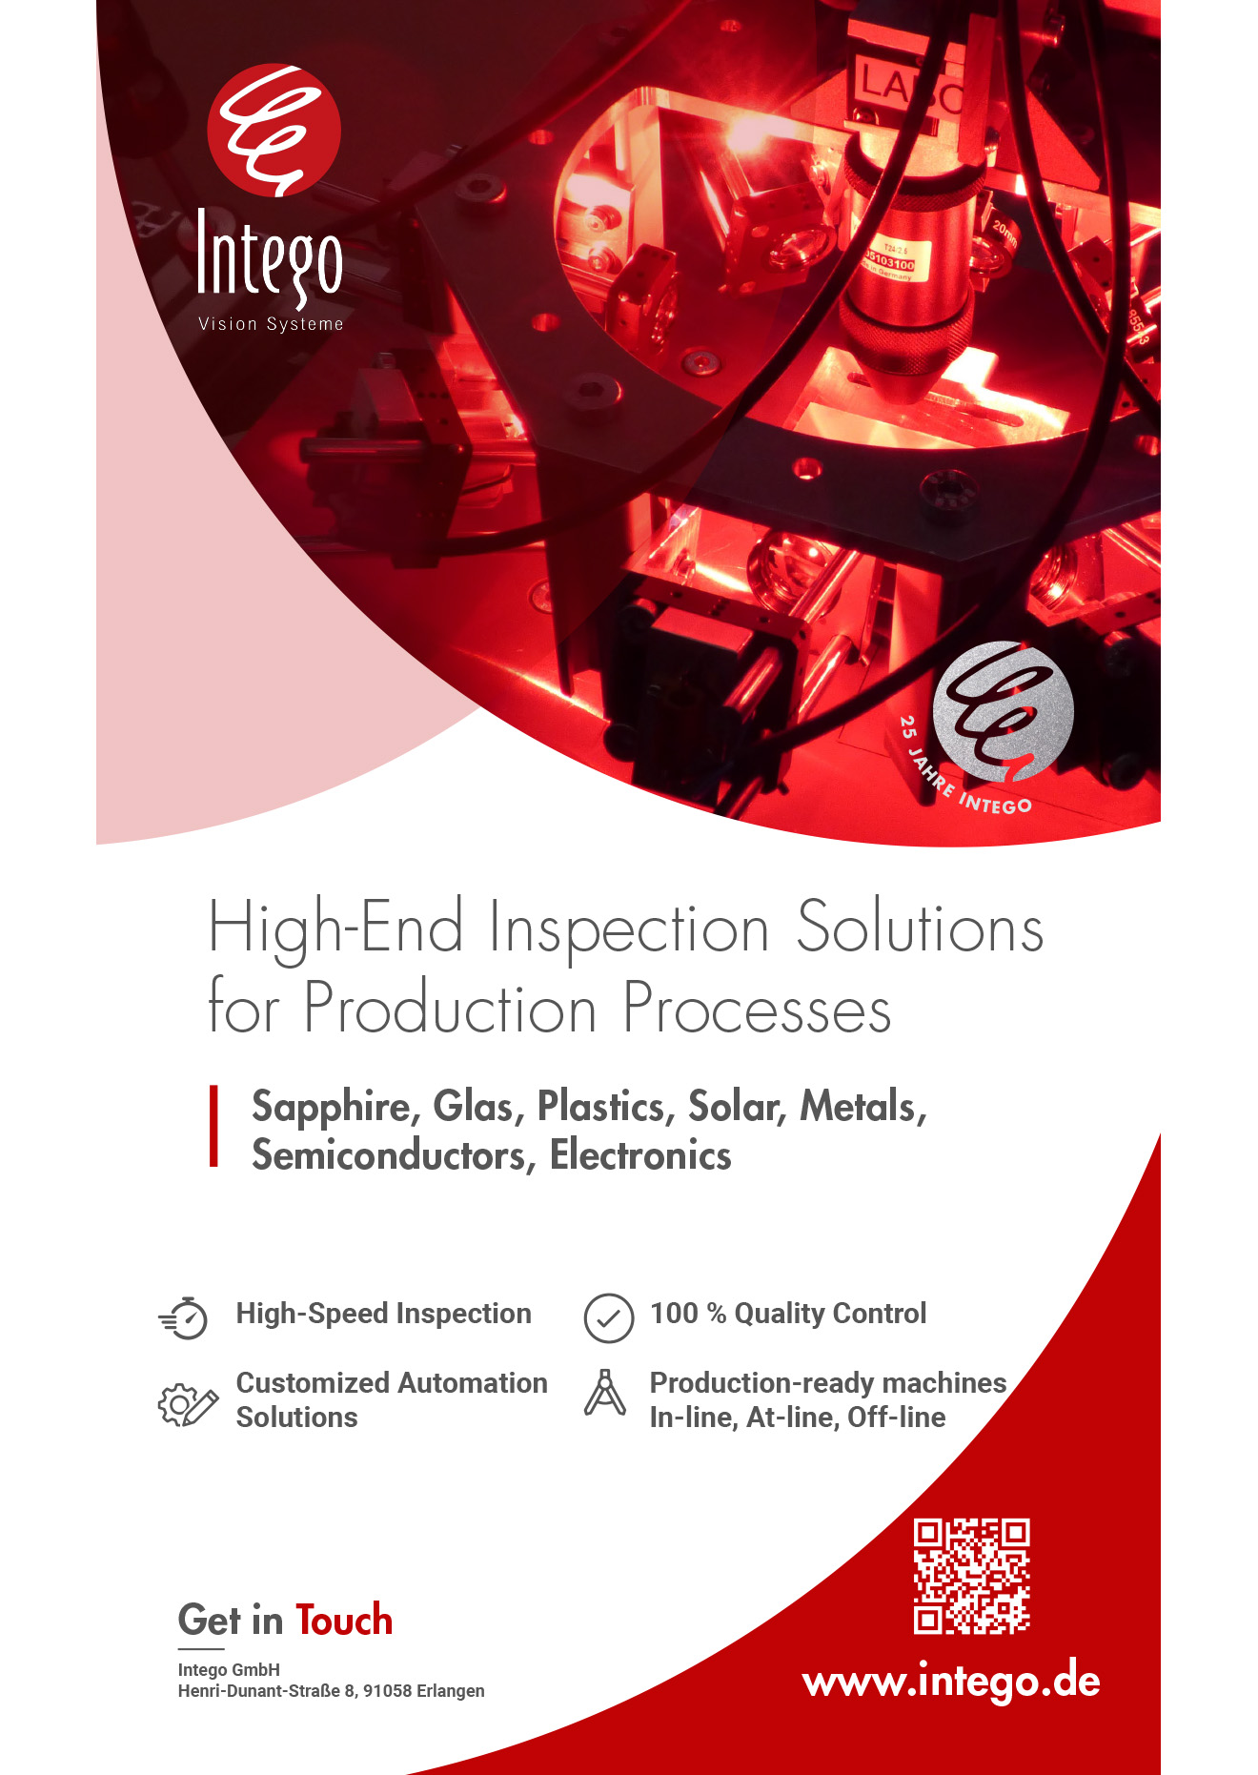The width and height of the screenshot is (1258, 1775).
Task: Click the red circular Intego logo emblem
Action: (274, 131)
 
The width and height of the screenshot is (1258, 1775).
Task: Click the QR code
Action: (971, 1576)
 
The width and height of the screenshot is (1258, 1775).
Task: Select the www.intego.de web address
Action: (951, 1681)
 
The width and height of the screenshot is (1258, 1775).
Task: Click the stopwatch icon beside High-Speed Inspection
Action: (184, 1317)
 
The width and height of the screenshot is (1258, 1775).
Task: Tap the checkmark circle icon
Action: (608, 1317)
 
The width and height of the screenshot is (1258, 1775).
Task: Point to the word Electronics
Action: (640, 1155)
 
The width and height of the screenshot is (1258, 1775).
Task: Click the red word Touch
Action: (344, 1620)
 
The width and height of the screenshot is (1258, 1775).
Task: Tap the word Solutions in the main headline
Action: (920, 928)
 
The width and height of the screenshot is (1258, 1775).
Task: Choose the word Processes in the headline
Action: (757, 1008)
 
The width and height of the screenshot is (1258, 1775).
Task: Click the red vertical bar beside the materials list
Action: (214, 1126)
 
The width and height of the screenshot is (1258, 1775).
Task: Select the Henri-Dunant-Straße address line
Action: (331, 1691)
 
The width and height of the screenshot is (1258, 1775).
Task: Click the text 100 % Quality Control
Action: (788, 1314)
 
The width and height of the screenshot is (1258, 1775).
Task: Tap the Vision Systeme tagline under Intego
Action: (271, 324)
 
